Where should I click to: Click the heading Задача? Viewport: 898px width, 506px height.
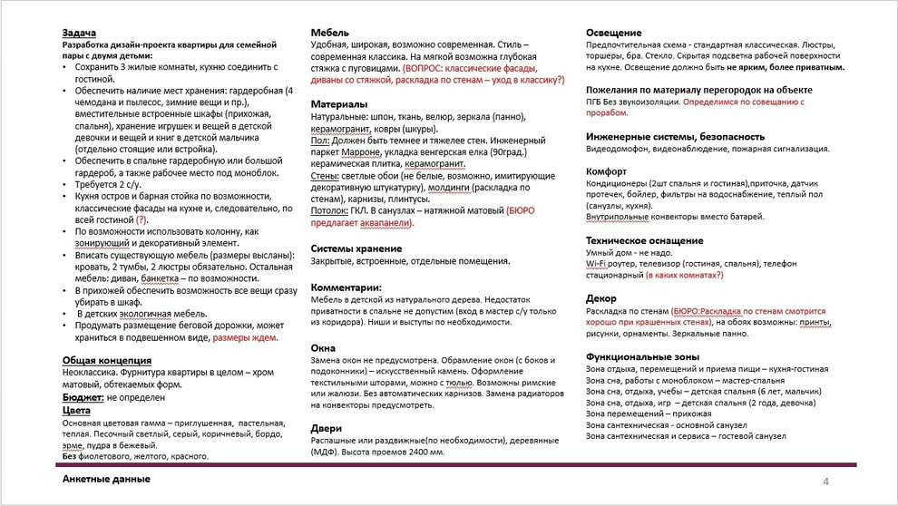tap(81, 33)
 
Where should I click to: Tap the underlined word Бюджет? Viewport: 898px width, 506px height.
tap(82, 397)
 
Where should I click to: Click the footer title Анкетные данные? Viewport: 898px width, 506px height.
tap(107, 479)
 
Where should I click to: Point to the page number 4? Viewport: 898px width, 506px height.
tap(825, 481)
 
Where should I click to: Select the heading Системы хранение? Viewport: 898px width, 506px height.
tap(356, 248)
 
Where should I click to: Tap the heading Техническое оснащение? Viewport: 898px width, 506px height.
tap(645, 240)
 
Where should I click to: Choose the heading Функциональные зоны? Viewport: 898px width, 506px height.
tap(643, 357)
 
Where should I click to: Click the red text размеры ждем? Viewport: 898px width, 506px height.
tap(244, 337)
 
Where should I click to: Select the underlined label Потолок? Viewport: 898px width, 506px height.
tap(330, 209)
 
